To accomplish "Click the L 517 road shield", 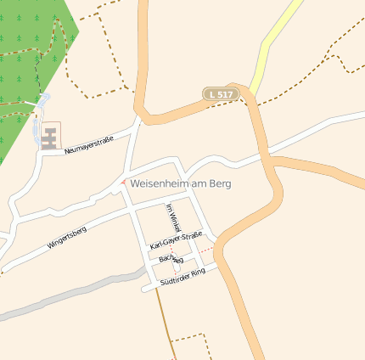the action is click(219, 94).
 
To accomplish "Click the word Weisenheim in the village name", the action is click(162, 183).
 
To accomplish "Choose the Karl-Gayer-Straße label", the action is click(176, 240).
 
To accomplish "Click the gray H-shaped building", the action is click(50, 136).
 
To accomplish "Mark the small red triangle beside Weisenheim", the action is click(124, 181).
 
